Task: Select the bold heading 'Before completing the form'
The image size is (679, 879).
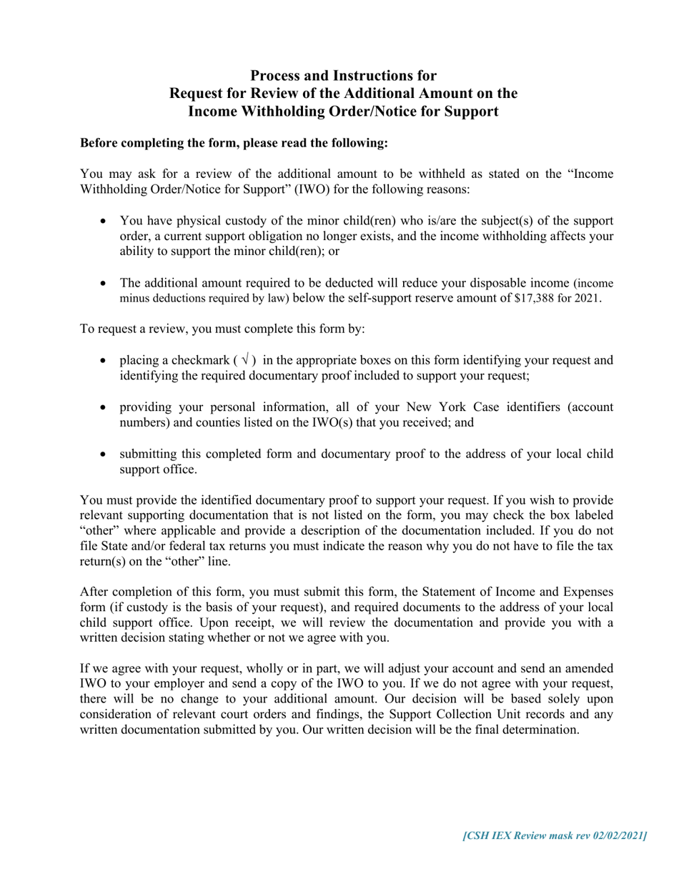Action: pos(234,143)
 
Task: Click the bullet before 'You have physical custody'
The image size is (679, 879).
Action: pos(104,221)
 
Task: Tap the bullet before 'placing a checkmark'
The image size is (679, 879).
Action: pos(104,360)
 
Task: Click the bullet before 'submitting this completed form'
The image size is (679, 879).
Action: pos(104,455)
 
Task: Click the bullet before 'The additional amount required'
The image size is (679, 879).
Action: pos(104,283)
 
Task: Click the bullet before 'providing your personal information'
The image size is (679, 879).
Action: pos(104,407)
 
